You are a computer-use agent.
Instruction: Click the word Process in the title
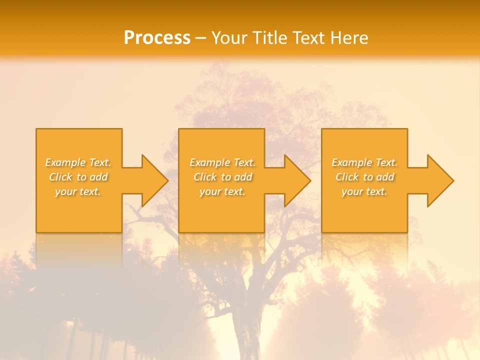[157, 38]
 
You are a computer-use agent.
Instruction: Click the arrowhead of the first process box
[154, 180]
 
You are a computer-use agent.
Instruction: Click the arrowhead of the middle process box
[297, 180]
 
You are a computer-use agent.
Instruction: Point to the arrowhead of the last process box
[440, 180]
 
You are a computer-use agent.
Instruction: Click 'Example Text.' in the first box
[78, 162]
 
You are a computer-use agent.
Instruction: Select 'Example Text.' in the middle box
[222, 162]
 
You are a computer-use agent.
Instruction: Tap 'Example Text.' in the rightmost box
[364, 162]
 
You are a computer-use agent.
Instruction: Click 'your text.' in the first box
[78, 191]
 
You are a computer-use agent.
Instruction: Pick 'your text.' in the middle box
[222, 191]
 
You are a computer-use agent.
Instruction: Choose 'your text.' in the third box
[364, 191]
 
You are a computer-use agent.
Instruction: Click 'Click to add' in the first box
[78, 177]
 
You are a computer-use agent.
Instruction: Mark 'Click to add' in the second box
[222, 177]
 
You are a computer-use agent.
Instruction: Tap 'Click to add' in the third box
[364, 177]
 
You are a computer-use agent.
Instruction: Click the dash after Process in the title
[201, 38]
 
